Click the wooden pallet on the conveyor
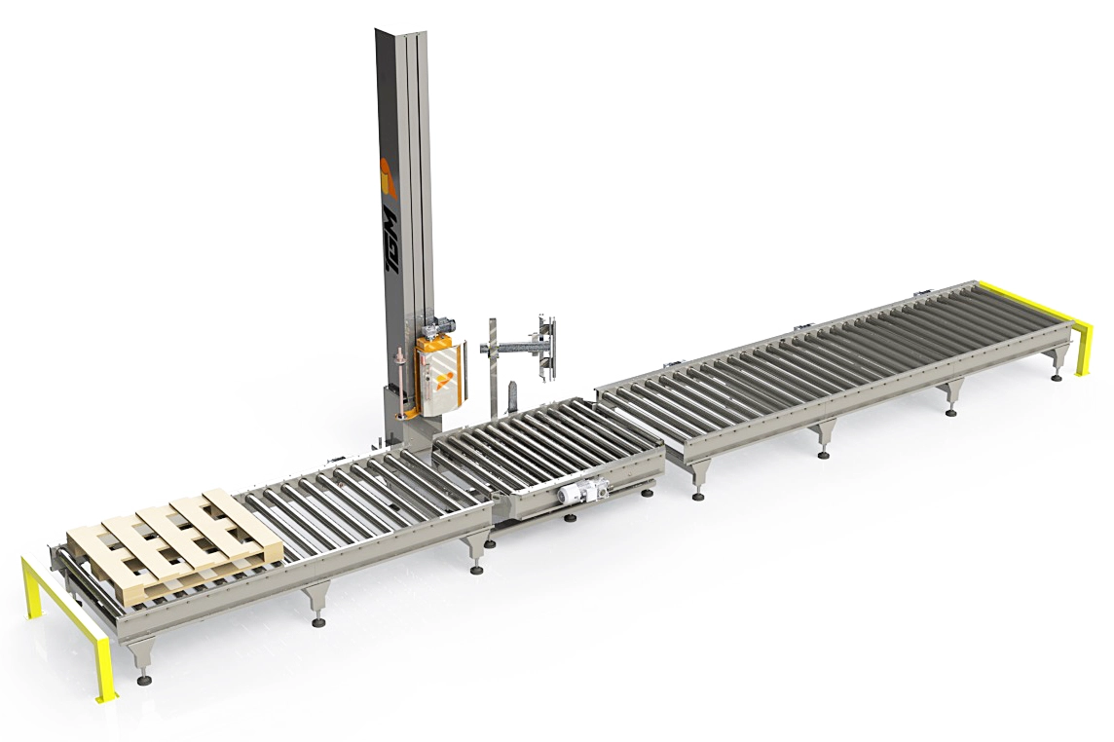point(174,547)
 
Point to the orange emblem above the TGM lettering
point(387,177)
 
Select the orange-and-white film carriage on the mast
point(440,375)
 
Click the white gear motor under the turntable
point(583,492)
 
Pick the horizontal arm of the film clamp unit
point(510,348)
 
